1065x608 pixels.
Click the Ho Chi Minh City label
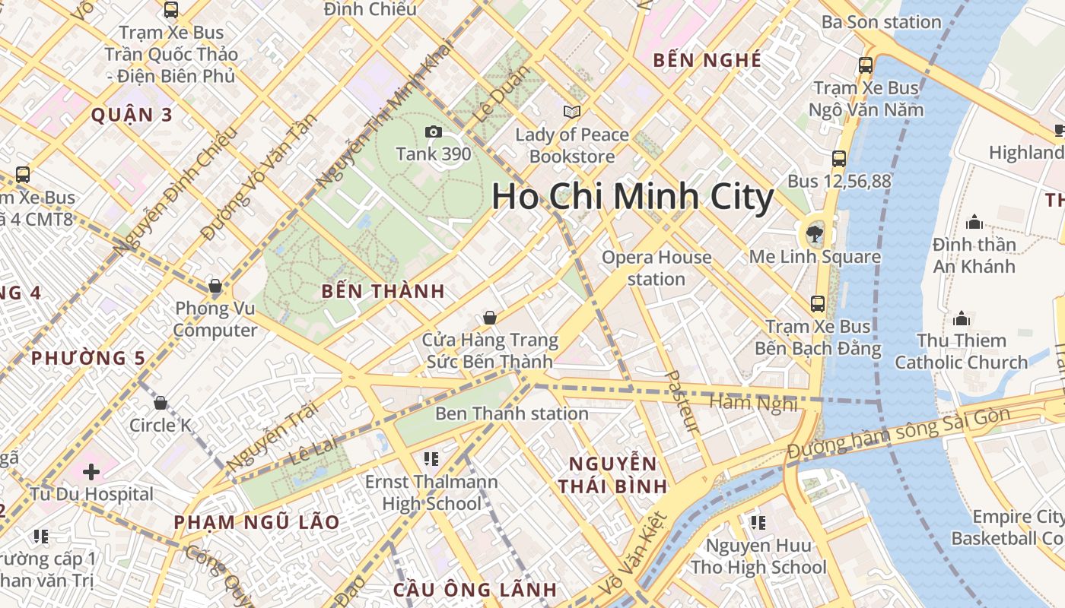632,197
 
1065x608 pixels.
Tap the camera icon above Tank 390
434,132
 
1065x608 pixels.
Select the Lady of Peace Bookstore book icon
572,112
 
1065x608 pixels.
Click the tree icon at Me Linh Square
815,233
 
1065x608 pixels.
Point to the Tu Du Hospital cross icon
91,472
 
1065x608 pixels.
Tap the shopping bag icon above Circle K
161,403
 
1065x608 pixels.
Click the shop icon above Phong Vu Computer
215,287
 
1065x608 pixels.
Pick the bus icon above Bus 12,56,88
839,159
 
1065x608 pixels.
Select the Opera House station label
656,268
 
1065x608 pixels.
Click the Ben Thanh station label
512,413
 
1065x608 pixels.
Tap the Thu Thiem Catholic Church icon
962,318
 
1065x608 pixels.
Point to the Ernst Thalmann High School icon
431,459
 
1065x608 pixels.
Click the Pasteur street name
682,401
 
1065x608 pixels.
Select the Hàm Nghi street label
754,401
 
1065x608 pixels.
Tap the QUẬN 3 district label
132,116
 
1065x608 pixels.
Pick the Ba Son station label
882,22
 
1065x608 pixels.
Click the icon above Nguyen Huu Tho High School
758,523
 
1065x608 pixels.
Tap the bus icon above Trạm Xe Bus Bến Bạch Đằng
818,304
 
